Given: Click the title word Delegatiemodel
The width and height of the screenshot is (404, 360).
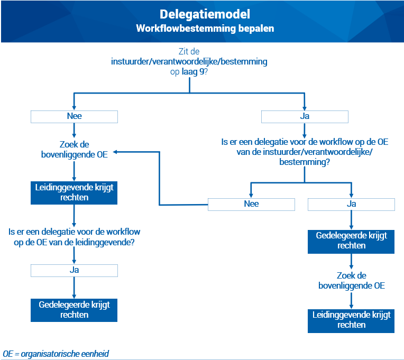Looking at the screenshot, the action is (x=205, y=14).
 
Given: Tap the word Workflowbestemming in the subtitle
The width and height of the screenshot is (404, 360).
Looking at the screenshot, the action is (x=186, y=29).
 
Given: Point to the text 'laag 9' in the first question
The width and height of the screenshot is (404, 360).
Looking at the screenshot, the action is (x=193, y=71).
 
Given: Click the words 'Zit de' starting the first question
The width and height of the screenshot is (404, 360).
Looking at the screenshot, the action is (x=189, y=51).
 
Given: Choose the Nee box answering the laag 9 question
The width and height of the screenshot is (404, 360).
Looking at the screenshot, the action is (x=74, y=117).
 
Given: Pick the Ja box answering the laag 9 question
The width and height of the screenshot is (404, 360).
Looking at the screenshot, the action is (x=305, y=117).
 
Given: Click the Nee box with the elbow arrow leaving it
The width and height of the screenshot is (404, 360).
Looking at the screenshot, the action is (x=251, y=205).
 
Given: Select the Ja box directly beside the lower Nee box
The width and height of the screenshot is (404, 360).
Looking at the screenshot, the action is (x=351, y=205).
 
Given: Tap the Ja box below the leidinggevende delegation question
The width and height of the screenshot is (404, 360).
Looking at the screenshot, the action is (x=74, y=270).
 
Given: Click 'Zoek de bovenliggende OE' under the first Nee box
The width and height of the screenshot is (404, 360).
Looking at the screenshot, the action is (x=74, y=150).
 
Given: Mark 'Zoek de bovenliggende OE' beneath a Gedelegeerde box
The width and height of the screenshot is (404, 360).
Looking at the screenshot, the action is (x=352, y=280).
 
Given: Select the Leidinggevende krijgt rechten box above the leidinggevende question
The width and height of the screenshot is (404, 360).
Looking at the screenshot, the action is (x=74, y=193).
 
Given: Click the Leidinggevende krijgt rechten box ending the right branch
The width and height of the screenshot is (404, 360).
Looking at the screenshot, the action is (x=351, y=321).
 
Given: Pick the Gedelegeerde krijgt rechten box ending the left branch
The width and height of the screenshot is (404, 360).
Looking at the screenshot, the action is (x=74, y=310).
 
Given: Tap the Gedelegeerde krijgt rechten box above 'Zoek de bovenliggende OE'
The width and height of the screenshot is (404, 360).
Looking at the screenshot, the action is (x=351, y=242).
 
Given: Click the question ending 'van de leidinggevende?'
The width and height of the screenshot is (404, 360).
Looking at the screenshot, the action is (x=74, y=237).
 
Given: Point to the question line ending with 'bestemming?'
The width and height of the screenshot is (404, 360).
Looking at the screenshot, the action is (x=305, y=152).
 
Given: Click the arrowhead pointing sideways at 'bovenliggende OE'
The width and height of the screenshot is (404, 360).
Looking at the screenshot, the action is (x=115, y=152).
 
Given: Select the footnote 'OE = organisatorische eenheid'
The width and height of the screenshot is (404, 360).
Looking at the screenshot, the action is (x=56, y=354).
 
